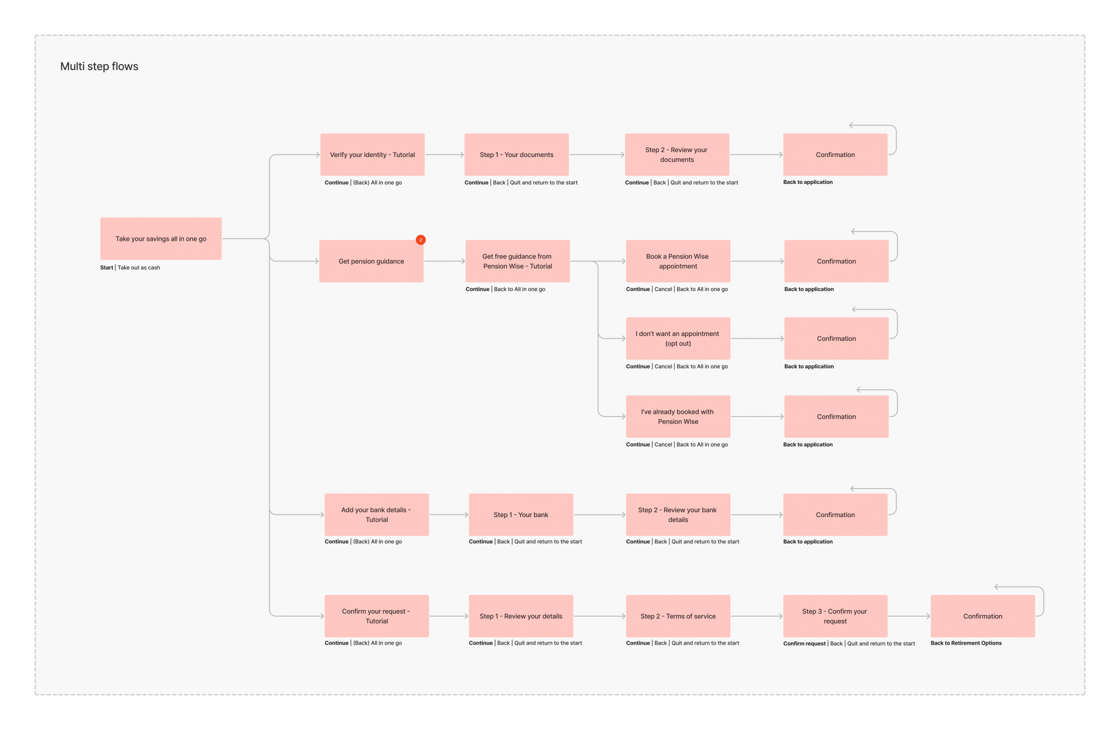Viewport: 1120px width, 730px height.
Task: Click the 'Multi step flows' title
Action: [x=99, y=66]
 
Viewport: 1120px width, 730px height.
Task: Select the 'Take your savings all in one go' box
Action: [x=161, y=239]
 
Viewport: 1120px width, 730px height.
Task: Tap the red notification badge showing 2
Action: [x=421, y=240]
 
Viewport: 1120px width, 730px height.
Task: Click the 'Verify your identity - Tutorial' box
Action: [x=372, y=155]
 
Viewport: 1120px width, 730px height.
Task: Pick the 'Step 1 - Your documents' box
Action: [x=516, y=155]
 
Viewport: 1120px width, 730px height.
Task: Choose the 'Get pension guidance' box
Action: [x=371, y=261]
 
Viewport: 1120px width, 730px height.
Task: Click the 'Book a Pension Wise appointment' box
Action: [x=678, y=261]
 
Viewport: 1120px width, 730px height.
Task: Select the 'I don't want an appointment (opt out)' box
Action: [x=678, y=338]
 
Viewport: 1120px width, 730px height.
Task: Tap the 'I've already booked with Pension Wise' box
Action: [x=678, y=416]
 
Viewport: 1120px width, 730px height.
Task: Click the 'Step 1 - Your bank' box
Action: [x=521, y=514]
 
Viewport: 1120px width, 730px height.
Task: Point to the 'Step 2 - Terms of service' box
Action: [x=678, y=616]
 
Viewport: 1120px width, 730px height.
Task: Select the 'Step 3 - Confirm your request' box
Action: [x=835, y=616]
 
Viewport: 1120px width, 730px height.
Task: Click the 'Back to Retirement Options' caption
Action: [x=966, y=643]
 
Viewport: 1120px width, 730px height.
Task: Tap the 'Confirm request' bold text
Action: [x=804, y=644]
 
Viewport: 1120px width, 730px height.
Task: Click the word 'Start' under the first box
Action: [x=107, y=268]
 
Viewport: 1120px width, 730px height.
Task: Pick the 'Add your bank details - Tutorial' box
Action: [x=376, y=514]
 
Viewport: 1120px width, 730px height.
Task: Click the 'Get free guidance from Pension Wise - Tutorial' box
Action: [x=517, y=261]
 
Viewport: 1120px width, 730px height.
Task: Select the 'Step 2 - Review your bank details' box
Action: [x=678, y=514]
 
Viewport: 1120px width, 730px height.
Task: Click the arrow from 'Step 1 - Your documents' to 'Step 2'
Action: [x=597, y=155]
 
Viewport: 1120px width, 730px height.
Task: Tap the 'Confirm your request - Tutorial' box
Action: [x=376, y=616]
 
